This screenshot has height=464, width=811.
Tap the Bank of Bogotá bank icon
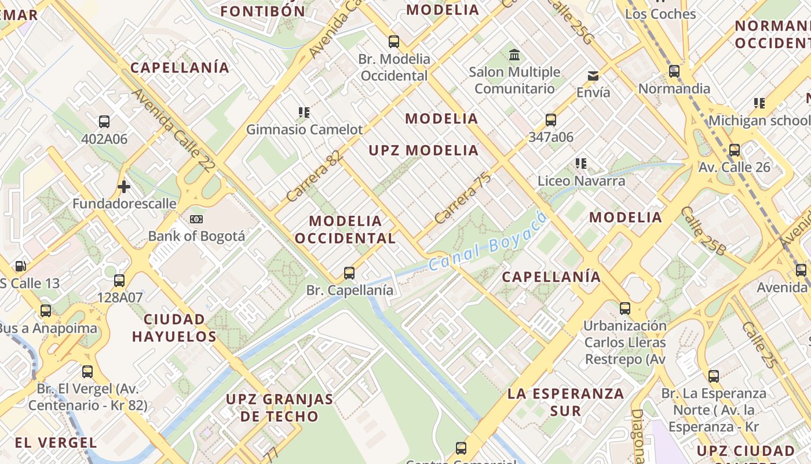point(196,219)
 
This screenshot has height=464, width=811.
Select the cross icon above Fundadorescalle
point(123,187)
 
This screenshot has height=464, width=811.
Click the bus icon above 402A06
point(104,122)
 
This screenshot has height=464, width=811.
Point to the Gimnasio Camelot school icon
point(304,112)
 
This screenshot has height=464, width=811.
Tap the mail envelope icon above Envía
point(593,76)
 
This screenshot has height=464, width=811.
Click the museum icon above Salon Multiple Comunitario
point(514,55)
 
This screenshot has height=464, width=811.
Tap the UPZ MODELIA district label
point(424,151)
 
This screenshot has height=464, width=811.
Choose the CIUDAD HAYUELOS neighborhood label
point(174,328)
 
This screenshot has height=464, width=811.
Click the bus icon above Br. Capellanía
point(349,273)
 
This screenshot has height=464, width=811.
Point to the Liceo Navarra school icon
point(581,164)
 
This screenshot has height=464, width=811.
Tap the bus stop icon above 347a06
point(551,120)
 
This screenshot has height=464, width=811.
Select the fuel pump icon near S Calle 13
point(20,266)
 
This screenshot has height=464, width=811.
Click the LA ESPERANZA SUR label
point(565,402)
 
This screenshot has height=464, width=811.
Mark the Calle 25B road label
point(703,231)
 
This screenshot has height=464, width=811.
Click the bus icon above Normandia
point(674,71)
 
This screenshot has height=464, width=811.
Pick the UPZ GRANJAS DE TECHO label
point(280,407)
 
